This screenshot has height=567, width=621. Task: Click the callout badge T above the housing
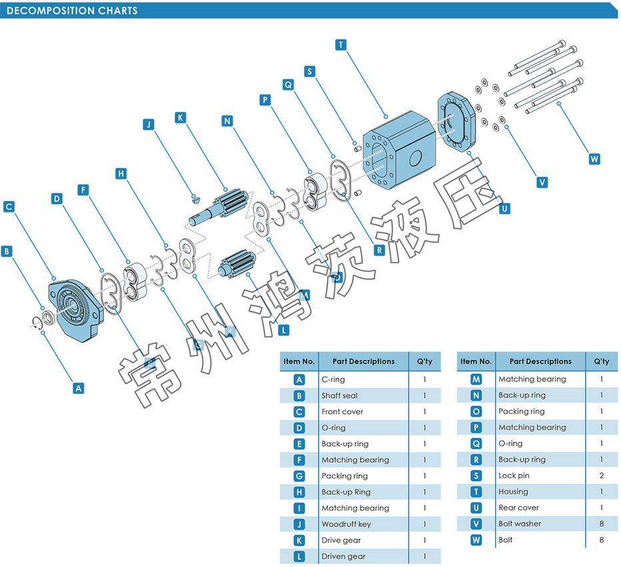coord(341,45)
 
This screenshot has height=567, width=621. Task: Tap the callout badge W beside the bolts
coord(594,159)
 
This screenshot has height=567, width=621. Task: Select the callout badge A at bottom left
coord(79,387)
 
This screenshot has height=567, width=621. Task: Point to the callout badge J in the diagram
coord(149,124)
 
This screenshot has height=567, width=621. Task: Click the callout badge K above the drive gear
coord(180,117)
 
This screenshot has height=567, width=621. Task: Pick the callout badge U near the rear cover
coord(504,208)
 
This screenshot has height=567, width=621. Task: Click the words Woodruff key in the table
coord(346,524)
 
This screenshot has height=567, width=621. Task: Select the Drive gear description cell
coord(341,540)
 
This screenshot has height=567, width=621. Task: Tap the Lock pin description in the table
coord(514,476)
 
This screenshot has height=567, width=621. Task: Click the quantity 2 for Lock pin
coord(602,476)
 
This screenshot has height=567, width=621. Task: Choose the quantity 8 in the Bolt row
coord(602,540)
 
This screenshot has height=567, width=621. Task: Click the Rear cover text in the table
coord(518,508)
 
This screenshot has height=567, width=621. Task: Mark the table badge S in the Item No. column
coord(476,476)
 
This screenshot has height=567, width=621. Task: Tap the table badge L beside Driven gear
coord(300,556)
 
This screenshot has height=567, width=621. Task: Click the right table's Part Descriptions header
coord(540,361)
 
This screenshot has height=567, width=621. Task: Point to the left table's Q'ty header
coord(424,361)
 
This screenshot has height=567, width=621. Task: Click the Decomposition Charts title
coord(72,11)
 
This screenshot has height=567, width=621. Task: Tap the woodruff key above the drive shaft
coord(195,196)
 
